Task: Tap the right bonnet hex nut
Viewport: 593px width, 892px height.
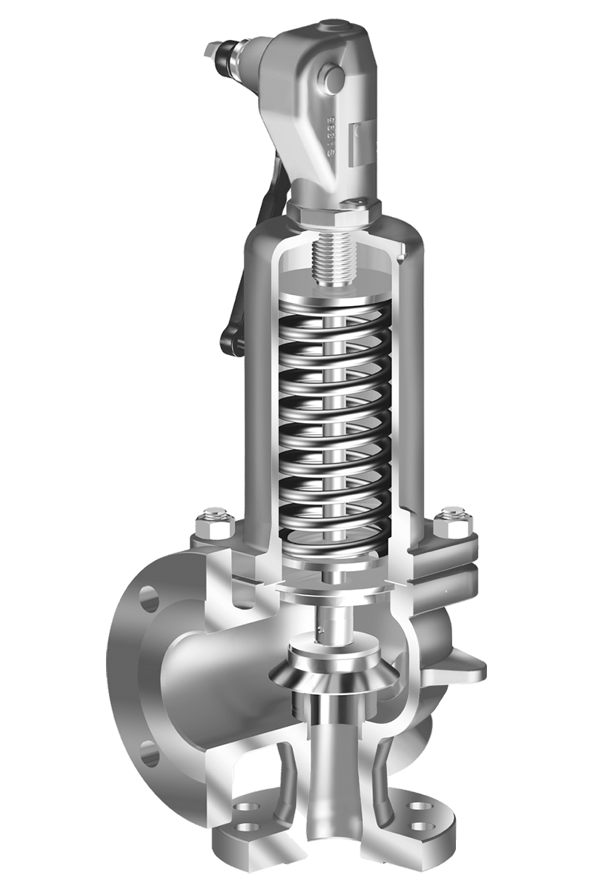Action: (x=449, y=518)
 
